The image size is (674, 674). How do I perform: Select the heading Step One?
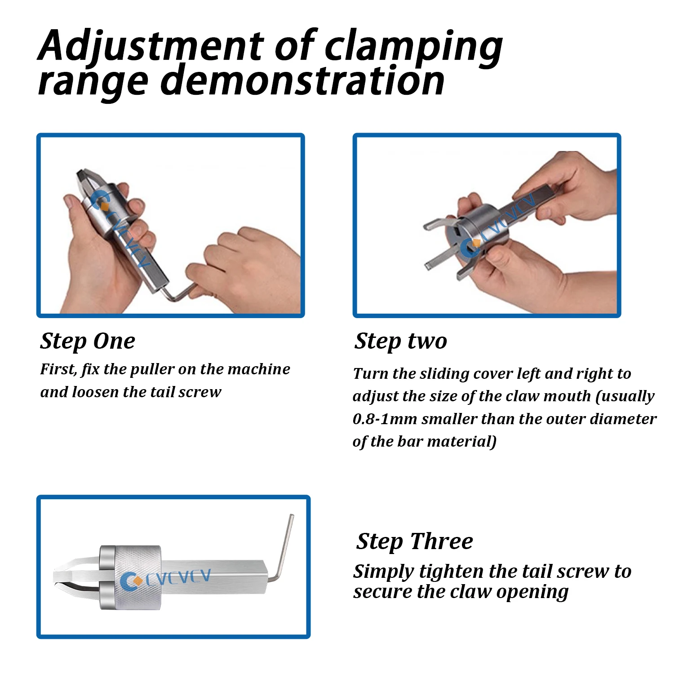point(88,341)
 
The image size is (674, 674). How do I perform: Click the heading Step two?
point(401,341)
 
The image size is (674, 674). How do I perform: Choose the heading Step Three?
point(415,541)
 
